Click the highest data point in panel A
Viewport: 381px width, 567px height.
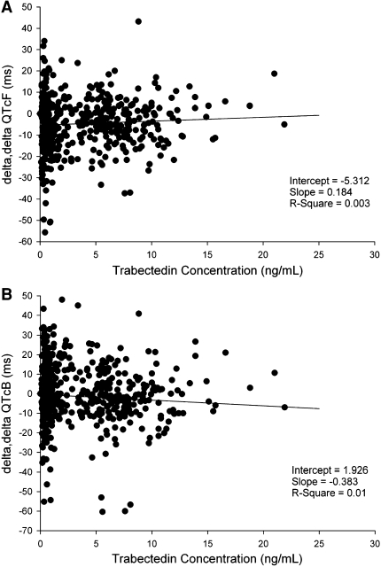pyautogui.click(x=138, y=21)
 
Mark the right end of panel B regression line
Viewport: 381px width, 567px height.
pyautogui.click(x=318, y=408)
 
